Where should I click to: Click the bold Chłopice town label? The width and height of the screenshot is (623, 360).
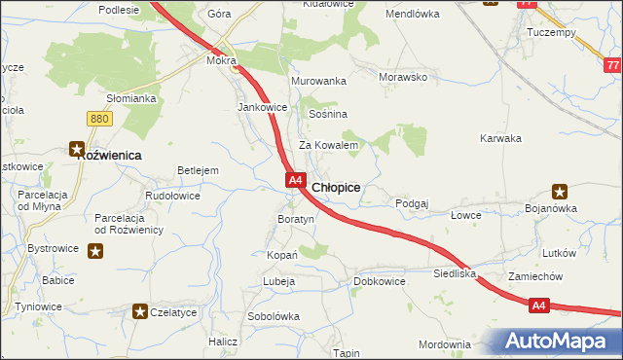click(x=337, y=187)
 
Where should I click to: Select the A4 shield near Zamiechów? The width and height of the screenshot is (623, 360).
click(x=541, y=306)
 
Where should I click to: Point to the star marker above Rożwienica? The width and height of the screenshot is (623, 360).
click(x=76, y=149)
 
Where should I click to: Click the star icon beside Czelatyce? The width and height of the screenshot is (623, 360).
click(x=140, y=311)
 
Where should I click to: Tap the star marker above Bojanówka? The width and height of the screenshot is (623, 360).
click(x=560, y=192)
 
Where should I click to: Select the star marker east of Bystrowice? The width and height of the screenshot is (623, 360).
click(x=95, y=250)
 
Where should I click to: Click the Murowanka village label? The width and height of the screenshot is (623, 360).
click(x=318, y=81)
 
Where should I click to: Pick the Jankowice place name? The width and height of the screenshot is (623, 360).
click(x=263, y=107)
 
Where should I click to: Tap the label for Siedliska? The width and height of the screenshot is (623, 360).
click(x=455, y=274)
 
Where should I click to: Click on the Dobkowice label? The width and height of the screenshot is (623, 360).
click(x=379, y=281)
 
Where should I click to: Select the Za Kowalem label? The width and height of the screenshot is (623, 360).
click(x=329, y=145)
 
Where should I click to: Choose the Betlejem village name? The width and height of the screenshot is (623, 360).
click(x=198, y=170)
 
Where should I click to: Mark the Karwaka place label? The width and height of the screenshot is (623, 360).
click(x=501, y=138)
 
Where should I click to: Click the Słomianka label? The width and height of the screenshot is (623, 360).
click(x=131, y=98)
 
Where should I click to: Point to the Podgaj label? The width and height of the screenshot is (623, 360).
click(x=412, y=203)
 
